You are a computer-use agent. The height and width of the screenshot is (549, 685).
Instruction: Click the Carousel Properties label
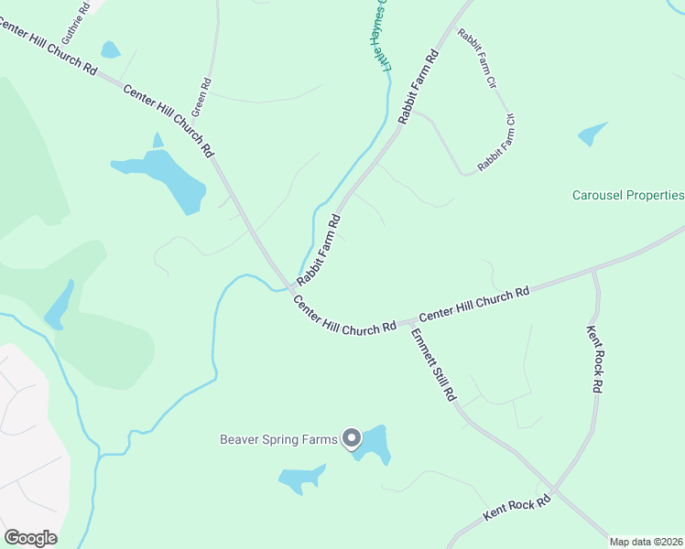628,195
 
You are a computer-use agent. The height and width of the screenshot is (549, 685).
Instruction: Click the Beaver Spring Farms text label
278,438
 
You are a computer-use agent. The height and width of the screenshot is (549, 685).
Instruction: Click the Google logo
30,538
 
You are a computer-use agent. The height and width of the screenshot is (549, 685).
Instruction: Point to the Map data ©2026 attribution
645,542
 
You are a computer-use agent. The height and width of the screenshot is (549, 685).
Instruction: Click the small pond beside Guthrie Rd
111,50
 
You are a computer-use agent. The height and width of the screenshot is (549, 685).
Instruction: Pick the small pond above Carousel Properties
592,135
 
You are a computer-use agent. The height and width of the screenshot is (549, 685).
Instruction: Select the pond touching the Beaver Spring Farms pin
374,444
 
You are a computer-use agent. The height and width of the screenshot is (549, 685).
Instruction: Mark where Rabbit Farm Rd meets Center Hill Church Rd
290,288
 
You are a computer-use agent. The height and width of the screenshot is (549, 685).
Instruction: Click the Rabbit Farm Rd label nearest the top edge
419,87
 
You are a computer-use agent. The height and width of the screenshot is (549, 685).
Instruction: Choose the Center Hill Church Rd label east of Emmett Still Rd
474,304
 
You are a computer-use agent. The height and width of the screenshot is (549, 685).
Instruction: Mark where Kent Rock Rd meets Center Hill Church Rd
594,271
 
